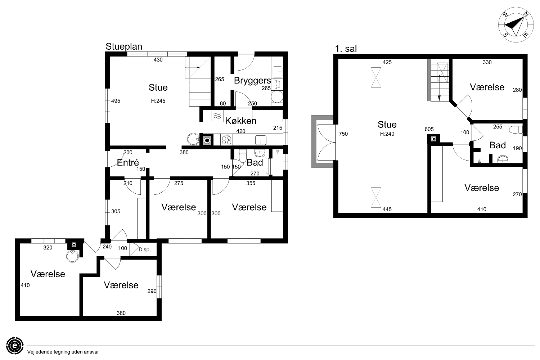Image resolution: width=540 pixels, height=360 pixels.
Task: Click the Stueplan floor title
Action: [x=124, y=46]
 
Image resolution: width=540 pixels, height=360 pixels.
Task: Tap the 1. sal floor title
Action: [x=346, y=49]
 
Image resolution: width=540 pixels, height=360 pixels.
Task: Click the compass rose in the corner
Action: [x=516, y=25]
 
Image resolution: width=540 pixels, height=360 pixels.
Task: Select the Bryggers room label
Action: [x=252, y=81]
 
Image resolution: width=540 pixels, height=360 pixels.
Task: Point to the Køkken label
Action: [x=240, y=121]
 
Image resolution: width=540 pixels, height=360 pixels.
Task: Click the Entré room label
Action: [x=128, y=162]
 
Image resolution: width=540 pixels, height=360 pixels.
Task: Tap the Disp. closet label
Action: [x=145, y=249]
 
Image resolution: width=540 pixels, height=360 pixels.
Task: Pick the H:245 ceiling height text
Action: [x=158, y=101]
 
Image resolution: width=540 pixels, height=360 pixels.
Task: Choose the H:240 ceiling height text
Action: [x=387, y=134]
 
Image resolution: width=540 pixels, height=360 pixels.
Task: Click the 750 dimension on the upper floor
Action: [x=343, y=134]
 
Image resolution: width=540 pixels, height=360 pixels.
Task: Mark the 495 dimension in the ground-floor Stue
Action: [x=116, y=101]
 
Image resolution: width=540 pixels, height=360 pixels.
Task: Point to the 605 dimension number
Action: [x=429, y=129]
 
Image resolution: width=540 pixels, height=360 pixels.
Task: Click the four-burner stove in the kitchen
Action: [x=226, y=140]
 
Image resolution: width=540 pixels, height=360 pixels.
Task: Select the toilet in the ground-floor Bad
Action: [x=243, y=155]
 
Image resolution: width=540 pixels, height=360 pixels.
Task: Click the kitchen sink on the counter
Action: [x=261, y=140]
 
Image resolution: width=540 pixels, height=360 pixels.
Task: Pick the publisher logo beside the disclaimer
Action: [x=15, y=346]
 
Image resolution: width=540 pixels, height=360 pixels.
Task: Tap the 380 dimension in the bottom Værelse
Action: [x=121, y=313]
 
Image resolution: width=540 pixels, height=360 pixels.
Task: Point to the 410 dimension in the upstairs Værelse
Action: [x=482, y=209]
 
